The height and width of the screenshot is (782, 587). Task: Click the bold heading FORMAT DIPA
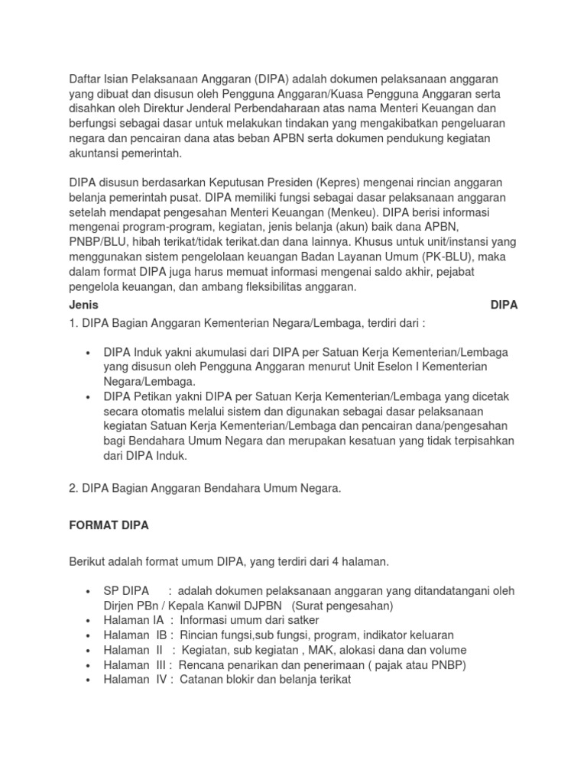[x=109, y=525]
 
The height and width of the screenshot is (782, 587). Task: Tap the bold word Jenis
[x=83, y=304]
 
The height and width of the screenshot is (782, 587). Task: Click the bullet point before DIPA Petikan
[x=89, y=397]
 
